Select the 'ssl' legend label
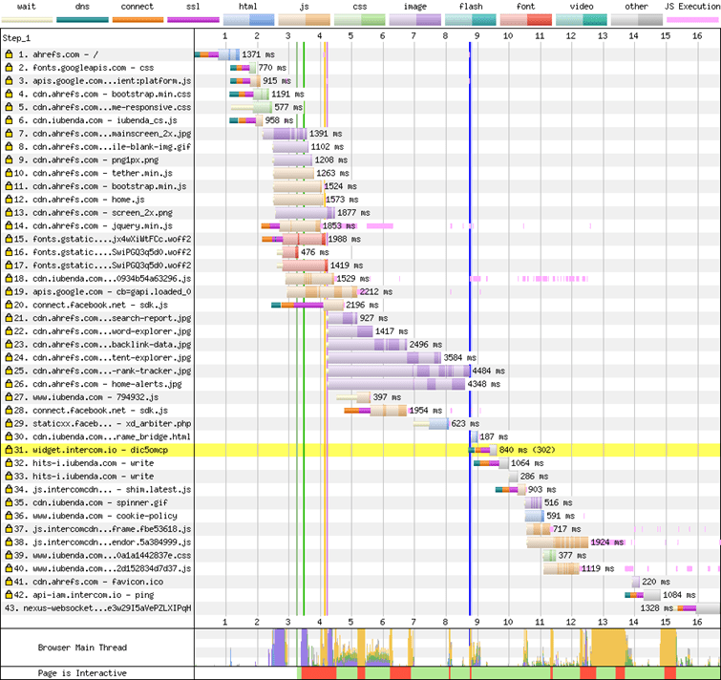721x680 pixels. [x=192, y=6]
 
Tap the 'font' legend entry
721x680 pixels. [x=526, y=6]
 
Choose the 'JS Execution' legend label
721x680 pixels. [x=693, y=6]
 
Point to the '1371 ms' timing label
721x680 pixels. [x=257, y=55]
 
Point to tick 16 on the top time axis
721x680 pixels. [x=697, y=35]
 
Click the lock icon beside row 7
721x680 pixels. [x=9, y=134]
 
